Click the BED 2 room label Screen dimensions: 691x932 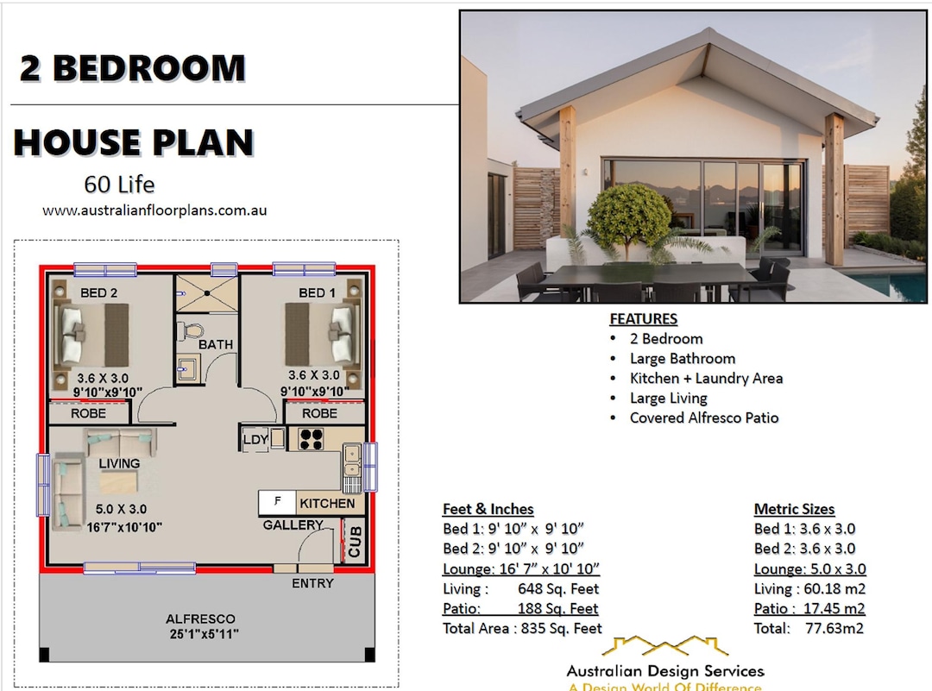click(x=98, y=293)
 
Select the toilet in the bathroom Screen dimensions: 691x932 click(x=189, y=330)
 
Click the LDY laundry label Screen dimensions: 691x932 click(x=255, y=439)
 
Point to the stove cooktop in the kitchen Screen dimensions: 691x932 click(x=310, y=439)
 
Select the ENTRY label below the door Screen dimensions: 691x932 click(x=312, y=583)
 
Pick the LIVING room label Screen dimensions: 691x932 click(x=119, y=463)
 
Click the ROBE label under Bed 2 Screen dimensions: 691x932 click(x=88, y=413)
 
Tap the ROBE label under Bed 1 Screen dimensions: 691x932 click(x=319, y=413)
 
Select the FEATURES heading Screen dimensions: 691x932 click(x=643, y=318)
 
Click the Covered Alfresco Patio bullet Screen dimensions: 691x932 click(x=703, y=418)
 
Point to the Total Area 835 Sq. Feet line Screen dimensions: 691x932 click(x=522, y=628)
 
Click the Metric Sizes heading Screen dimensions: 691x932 click(x=794, y=509)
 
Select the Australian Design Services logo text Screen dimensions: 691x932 click(x=664, y=670)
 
